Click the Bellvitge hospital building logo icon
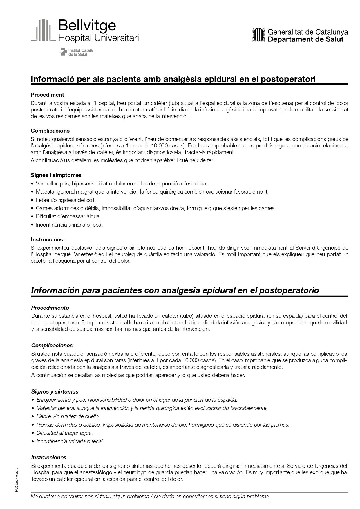[43, 30]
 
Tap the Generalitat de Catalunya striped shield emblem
[258, 35]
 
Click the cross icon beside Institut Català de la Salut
[63, 52]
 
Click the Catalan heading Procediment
[47, 95]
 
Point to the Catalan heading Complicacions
[50, 131]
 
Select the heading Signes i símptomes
[56, 175]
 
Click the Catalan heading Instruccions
[47, 239]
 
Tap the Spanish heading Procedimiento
[50, 308]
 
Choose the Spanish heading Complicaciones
[52, 345]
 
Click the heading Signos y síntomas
[55, 391]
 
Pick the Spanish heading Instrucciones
[49, 457]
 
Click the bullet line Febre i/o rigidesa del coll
[66, 200]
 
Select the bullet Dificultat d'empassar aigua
[68, 216]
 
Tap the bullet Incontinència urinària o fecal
[70, 225]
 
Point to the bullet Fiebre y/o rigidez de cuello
[68, 416]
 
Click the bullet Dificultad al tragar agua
[64, 433]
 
